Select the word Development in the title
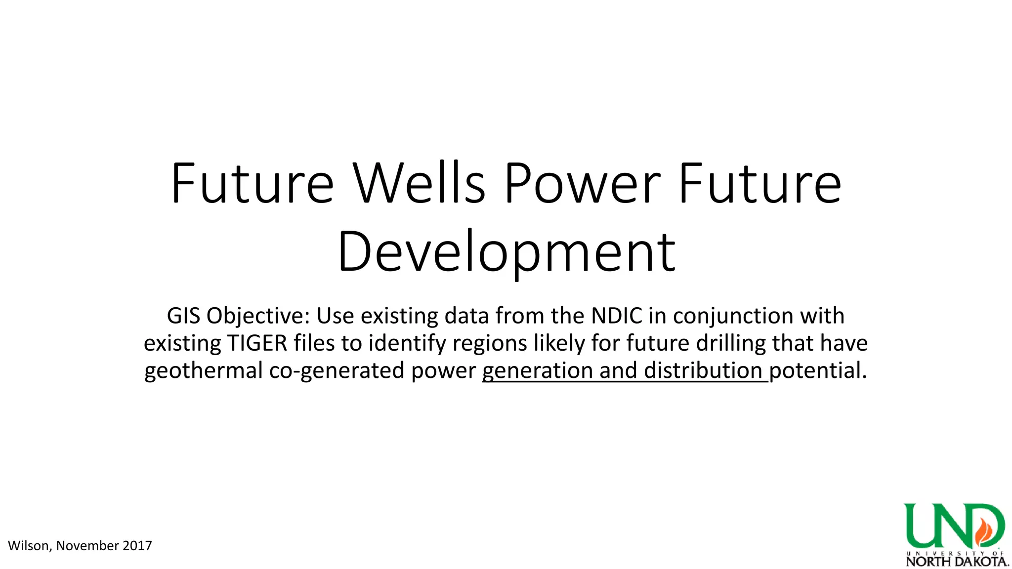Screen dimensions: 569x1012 pos(506,252)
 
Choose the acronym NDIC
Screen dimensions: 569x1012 pos(617,316)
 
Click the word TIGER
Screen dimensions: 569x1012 pos(257,343)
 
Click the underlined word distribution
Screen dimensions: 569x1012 pos(703,370)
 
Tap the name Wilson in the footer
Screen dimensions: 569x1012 pos(29,546)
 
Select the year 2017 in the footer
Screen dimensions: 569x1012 pos(137,546)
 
